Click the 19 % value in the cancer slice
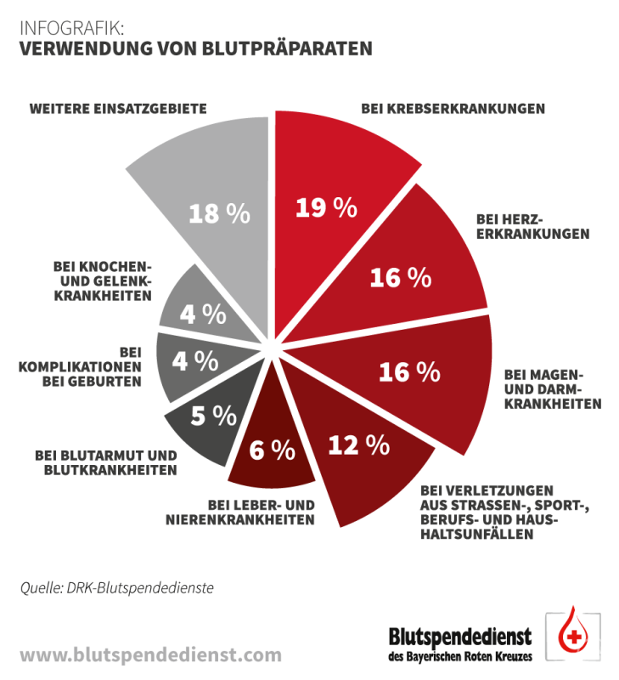point(325,208)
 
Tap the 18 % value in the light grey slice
point(219,213)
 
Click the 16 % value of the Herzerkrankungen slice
point(401,277)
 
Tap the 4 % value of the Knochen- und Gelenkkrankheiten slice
point(203,314)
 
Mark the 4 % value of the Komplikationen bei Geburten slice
point(195,360)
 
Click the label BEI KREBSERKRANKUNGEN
point(453,109)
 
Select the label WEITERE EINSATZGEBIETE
point(119,109)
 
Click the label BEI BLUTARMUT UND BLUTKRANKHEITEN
point(106,462)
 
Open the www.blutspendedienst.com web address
point(150,654)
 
